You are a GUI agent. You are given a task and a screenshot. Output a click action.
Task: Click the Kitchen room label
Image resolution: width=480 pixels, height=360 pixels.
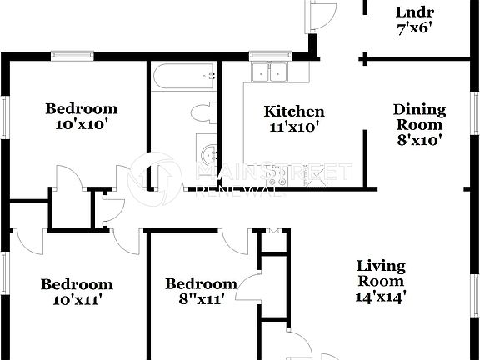tap(293, 112)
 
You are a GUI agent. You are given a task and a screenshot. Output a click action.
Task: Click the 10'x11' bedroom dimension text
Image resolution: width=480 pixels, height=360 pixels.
tap(76, 299)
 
